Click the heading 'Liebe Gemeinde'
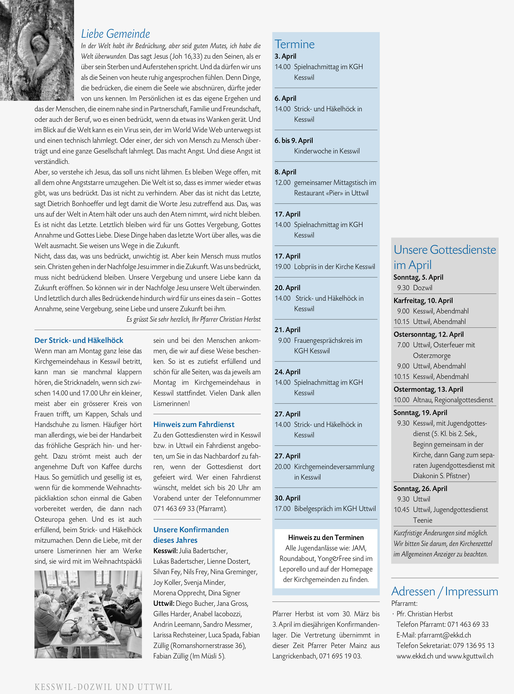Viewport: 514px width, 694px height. click(115, 34)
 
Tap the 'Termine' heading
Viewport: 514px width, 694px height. click(294, 44)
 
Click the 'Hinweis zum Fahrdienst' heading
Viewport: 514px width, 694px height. click(194, 424)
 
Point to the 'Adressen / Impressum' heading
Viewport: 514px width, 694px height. click(445, 591)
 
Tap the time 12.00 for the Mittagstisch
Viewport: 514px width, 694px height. click(282, 183)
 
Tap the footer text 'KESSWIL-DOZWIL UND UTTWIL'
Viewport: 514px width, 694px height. click(103, 687)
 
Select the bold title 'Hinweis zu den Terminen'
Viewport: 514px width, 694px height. click(326, 537)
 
